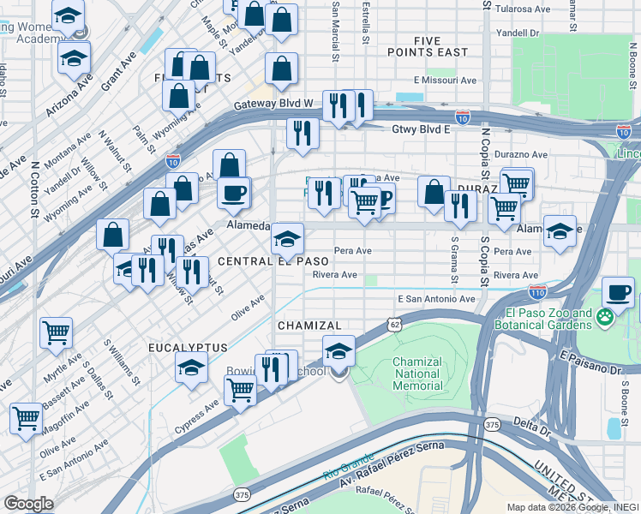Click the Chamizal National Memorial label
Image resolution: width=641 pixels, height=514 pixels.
tap(417, 374)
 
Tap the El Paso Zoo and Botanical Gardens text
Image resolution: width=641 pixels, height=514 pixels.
tap(537, 319)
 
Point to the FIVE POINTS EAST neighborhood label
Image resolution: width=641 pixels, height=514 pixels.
tap(440, 46)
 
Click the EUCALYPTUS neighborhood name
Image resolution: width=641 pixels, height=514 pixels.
tap(187, 347)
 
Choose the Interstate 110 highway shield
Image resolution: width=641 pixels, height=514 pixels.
tap(537, 291)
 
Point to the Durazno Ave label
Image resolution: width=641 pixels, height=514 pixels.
tap(522, 154)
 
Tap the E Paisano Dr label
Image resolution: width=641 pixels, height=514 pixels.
tap(592, 361)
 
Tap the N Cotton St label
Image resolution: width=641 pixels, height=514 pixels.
tap(35, 188)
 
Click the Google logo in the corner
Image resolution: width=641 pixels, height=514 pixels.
tap(28, 503)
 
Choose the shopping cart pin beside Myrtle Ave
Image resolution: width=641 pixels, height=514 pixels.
tap(56, 332)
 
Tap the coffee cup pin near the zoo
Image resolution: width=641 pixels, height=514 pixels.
tap(617, 292)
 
